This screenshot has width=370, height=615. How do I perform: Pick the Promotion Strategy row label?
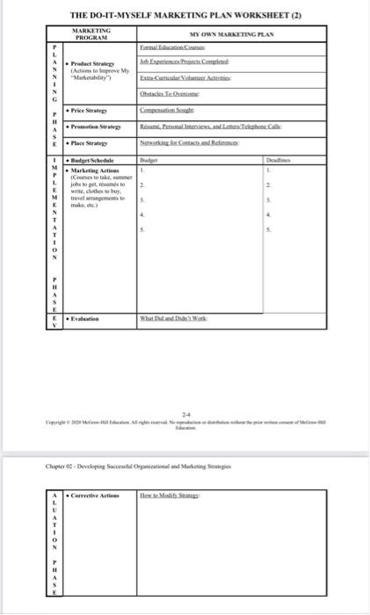click(x=97, y=127)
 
